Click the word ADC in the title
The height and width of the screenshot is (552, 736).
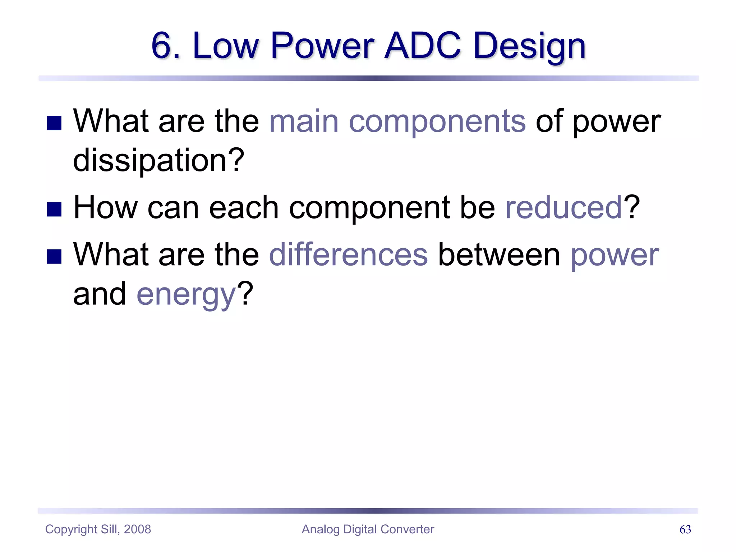pyautogui.click(x=423, y=46)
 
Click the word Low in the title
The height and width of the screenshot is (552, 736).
pyautogui.click(x=225, y=46)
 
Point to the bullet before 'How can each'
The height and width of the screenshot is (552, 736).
pyautogui.click(x=54, y=209)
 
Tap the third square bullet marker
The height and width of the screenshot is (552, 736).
pyautogui.click(x=54, y=256)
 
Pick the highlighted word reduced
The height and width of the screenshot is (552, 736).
pyautogui.click(x=563, y=207)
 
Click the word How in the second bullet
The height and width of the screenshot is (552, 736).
pyautogui.click(x=105, y=207)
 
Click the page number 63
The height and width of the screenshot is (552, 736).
pyautogui.click(x=685, y=529)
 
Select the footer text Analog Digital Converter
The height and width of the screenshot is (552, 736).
pyautogui.click(x=368, y=529)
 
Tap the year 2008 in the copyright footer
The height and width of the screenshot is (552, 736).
pyautogui.click(x=137, y=529)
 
